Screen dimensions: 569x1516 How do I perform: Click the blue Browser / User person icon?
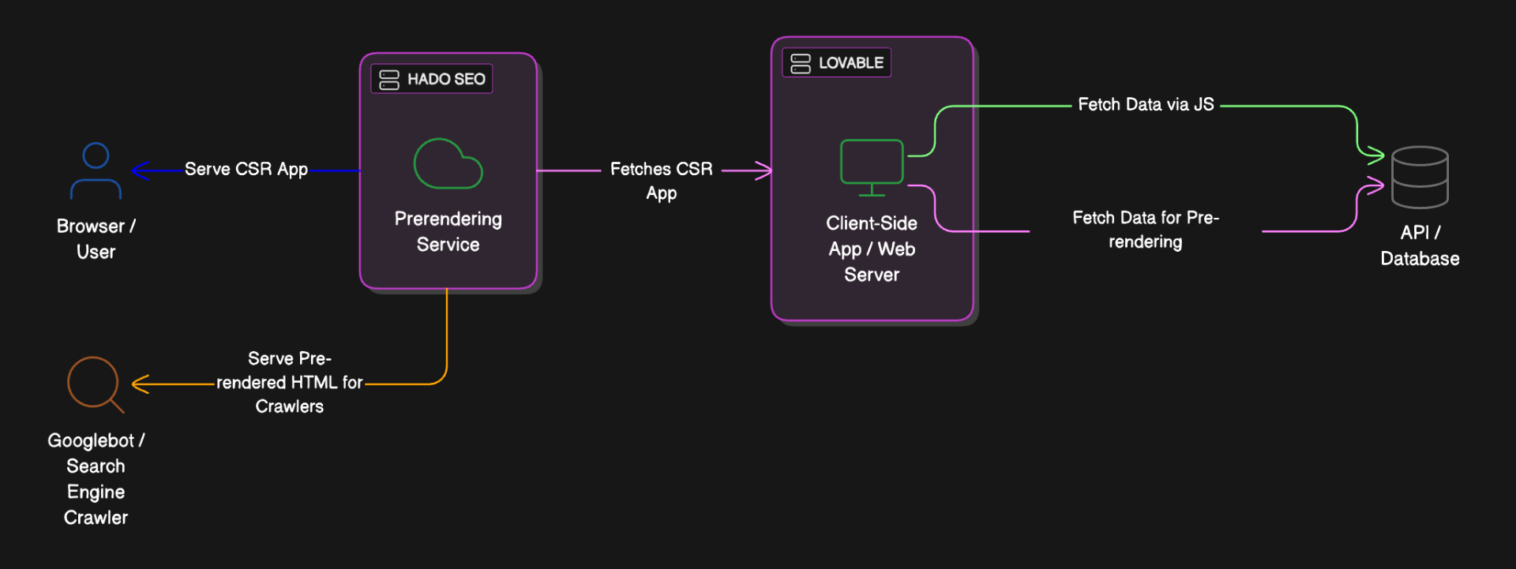pos(96,170)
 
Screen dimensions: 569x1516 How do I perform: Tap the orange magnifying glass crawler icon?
pos(95,384)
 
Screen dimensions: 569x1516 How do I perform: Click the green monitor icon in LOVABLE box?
pos(872,167)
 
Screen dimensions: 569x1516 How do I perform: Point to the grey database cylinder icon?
pos(1420,177)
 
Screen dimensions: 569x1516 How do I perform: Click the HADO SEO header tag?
pos(432,79)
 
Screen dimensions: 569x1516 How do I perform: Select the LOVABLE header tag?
pos(836,62)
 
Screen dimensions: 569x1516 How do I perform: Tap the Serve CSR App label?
pos(246,169)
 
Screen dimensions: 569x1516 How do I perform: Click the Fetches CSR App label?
pos(662,181)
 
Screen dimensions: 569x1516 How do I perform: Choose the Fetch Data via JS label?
pos(1146,104)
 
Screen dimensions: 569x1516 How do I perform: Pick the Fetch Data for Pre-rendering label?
pos(1146,230)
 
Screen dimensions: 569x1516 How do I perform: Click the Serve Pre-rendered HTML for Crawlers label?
pos(290,383)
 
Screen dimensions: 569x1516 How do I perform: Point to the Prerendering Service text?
pos(448,231)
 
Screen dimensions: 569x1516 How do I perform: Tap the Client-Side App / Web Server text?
pos(872,249)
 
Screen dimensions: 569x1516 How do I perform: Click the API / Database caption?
pos(1420,245)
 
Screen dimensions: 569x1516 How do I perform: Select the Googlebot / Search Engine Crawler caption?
pos(96,479)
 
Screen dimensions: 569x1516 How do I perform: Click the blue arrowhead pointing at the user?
pos(140,170)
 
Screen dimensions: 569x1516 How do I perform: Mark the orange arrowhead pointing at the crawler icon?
pos(140,384)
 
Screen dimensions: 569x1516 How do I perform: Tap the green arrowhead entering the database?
pos(1375,155)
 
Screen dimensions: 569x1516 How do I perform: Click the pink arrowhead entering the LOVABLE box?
pos(764,170)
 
